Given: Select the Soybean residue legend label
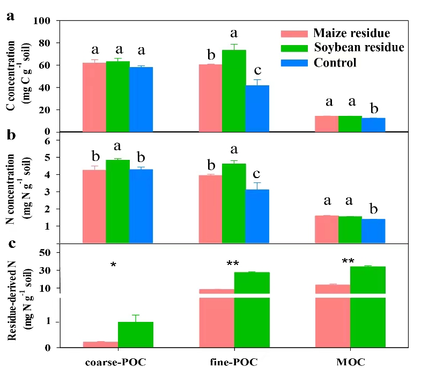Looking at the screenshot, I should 359,48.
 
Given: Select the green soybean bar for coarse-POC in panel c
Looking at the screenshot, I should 136,334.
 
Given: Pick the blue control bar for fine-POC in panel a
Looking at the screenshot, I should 257,108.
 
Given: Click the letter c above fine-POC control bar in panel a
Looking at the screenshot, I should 257,70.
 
